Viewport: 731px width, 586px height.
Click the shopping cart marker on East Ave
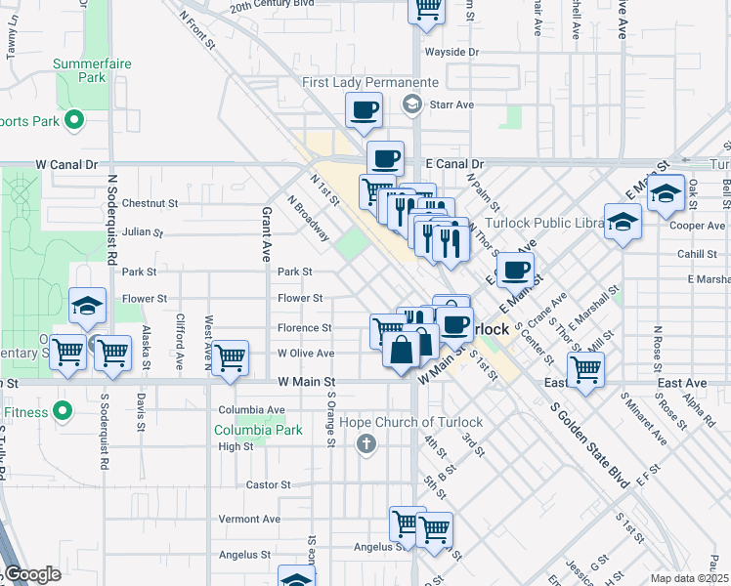click(585, 369)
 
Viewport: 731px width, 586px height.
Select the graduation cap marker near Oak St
click(666, 193)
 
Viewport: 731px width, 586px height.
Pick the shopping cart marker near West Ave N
click(230, 357)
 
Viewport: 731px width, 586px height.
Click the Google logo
click(31, 573)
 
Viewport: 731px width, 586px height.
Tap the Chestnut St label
click(150, 204)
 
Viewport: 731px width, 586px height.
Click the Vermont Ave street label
click(249, 519)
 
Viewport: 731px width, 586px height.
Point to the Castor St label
click(269, 484)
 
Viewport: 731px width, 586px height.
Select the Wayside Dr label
click(451, 52)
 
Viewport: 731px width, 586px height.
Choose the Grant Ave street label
click(265, 233)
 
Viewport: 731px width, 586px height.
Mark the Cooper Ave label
click(697, 226)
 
